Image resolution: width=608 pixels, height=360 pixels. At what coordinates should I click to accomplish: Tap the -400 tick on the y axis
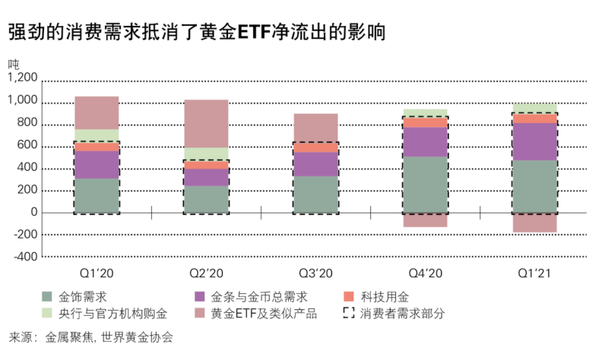coord(24,256)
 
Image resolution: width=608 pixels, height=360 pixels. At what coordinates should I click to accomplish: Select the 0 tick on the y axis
coord(33,212)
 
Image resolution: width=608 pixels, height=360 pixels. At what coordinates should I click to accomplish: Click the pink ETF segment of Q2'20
coord(206,123)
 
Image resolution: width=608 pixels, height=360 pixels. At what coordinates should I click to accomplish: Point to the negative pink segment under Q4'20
coord(425,219)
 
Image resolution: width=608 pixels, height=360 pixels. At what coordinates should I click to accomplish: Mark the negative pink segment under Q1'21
coord(534,222)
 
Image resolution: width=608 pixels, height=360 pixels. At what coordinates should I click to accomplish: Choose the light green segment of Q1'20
coord(97,135)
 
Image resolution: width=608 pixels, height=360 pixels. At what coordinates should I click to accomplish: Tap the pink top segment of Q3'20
coord(315,127)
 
